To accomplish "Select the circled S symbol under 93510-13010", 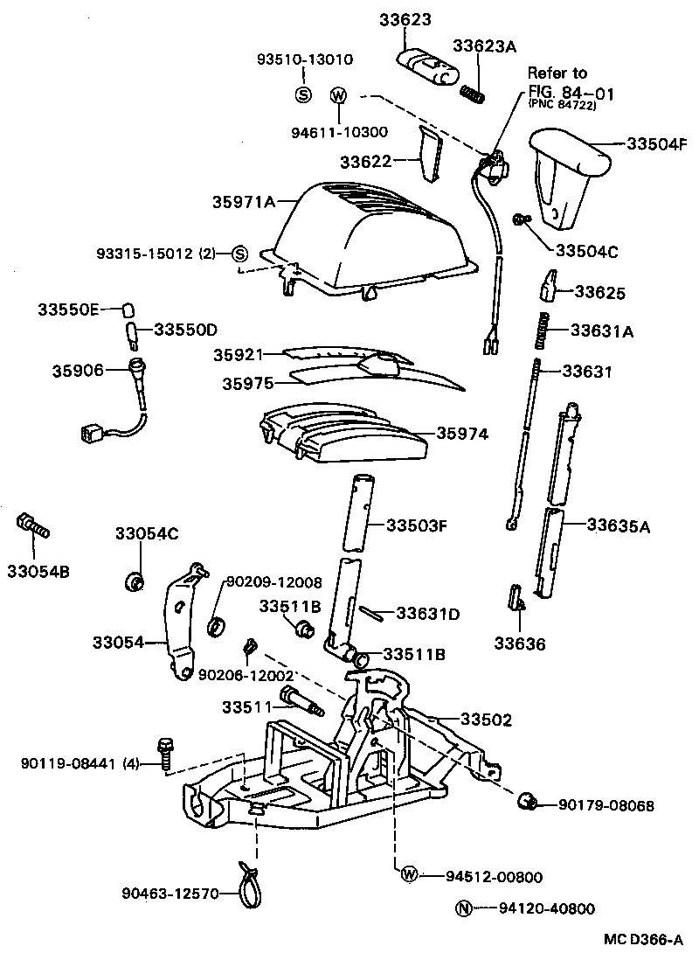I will pyautogui.click(x=303, y=94).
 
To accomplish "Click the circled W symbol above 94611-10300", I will pyautogui.click(x=338, y=94).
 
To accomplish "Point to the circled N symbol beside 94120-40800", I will pyautogui.click(x=463, y=908).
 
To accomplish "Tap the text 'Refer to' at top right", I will pyautogui.click(x=557, y=73).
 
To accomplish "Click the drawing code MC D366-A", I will pyautogui.click(x=643, y=941).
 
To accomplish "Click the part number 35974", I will pyautogui.click(x=462, y=433).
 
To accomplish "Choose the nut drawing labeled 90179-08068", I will pyautogui.click(x=527, y=801).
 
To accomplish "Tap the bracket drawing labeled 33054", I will pyautogui.click(x=182, y=622).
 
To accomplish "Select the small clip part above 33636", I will pyautogui.click(x=516, y=598).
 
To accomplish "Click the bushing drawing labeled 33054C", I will pyautogui.click(x=135, y=581).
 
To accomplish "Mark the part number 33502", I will pyautogui.click(x=486, y=720).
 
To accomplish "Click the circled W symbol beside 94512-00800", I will pyautogui.click(x=408, y=875).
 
